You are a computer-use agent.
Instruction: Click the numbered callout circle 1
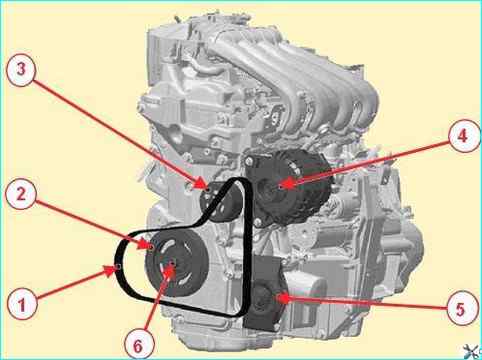click(x=23, y=305)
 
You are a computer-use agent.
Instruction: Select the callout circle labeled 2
click(x=21, y=194)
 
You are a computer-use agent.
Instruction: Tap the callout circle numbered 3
click(x=21, y=70)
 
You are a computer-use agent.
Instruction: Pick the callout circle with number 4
click(x=463, y=136)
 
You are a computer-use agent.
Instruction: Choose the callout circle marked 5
click(x=461, y=309)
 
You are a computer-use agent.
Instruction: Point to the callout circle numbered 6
click(x=138, y=345)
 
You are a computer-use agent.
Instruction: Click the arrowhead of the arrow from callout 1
click(x=113, y=270)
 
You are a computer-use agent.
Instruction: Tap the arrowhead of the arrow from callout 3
click(x=201, y=184)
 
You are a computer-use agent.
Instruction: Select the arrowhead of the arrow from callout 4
click(x=287, y=183)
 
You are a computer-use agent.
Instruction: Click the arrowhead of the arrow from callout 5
click(x=283, y=297)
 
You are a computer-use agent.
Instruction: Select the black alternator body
click(x=288, y=187)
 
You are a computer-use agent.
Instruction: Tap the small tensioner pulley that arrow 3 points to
click(x=220, y=202)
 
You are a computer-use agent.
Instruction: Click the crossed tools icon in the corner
click(x=473, y=351)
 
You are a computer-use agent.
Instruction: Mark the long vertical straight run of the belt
click(x=247, y=247)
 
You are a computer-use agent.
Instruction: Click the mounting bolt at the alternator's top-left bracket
click(x=248, y=162)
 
